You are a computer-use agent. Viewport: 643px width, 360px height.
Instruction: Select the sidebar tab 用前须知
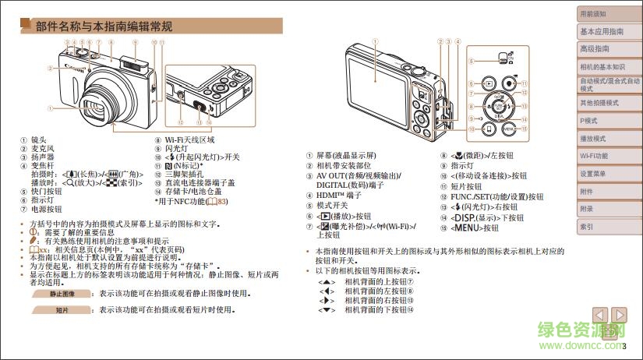592,14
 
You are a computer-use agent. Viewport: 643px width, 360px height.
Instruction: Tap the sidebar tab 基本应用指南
601,31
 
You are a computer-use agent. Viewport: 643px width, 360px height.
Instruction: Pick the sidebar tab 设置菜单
595,174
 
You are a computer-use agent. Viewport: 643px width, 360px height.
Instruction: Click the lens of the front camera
98,106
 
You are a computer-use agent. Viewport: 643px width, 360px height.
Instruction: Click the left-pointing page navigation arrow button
599,315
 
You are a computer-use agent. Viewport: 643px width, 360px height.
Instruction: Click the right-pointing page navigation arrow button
619,315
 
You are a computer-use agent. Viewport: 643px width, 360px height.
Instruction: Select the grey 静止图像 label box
62,295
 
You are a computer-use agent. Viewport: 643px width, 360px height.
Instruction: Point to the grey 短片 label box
62,310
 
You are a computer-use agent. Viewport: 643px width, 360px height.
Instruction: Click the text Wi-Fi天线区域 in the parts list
190,140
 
